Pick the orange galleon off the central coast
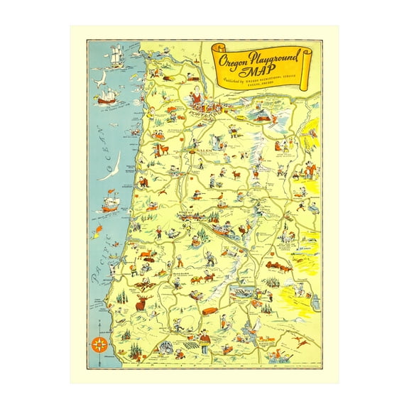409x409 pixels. [x=109, y=204]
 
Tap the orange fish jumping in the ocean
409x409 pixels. [x=96, y=230]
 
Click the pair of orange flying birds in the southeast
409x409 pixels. [x=301, y=343]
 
